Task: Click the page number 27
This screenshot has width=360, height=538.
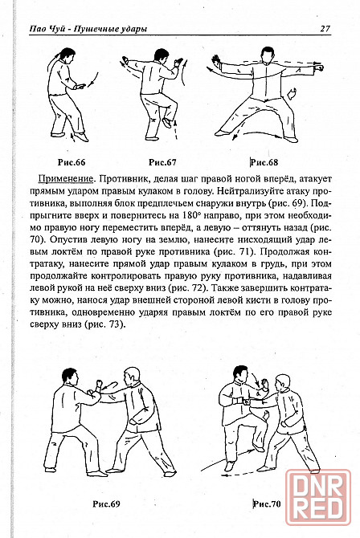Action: pyautogui.click(x=325, y=28)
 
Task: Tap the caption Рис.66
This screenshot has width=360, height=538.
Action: pyautogui.click(x=72, y=162)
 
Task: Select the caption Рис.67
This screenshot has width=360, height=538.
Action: pyautogui.click(x=162, y=162)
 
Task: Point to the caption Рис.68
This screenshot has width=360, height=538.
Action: pyautogui.click(x=264, y=162)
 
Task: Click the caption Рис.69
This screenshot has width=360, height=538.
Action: pyautogui.click(x=107, y=504)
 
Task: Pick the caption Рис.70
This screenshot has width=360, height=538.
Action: pyautogui.click(x=267, y=504)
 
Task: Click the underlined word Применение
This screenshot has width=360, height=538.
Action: pyautogui.click(x=65, y=179)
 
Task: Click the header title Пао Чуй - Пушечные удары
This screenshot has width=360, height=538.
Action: pyautogui.click(x=88, y=29)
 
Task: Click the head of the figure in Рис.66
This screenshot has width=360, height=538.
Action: pyautogui.click(x=67, y=55)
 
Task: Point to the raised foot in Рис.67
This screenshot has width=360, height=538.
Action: pyautogui.click(x=167, y=123)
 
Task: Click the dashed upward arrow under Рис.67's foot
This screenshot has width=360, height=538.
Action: pyautogui.click(x=176, y=130)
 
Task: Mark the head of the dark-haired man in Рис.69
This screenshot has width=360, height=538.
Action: pyautogui.click(x=70, y=377)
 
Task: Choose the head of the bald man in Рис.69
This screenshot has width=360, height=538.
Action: pyautogui.click(x=132, y=377)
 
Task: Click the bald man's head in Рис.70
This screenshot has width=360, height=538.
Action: pyautogui.click(x=283, y=382)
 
